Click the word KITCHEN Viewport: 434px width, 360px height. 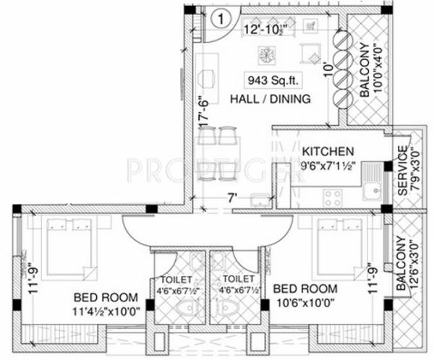[x=328, y=151]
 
